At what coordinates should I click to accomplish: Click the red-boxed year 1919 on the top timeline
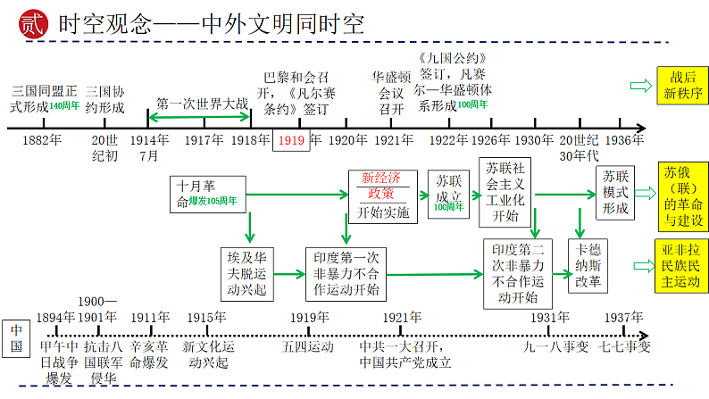click(290, 140)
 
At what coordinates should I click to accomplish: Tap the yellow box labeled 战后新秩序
click(682, 85)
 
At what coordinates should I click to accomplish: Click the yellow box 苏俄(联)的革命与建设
click(683, 195)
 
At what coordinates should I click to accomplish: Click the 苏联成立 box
click(449, 192)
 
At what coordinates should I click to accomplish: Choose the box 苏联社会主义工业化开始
click(506, 193)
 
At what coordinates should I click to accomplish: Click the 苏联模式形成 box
click(615, 192)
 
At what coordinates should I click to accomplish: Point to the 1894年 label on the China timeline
click(55, 318)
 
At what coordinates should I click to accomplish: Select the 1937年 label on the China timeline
click(623, 318)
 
